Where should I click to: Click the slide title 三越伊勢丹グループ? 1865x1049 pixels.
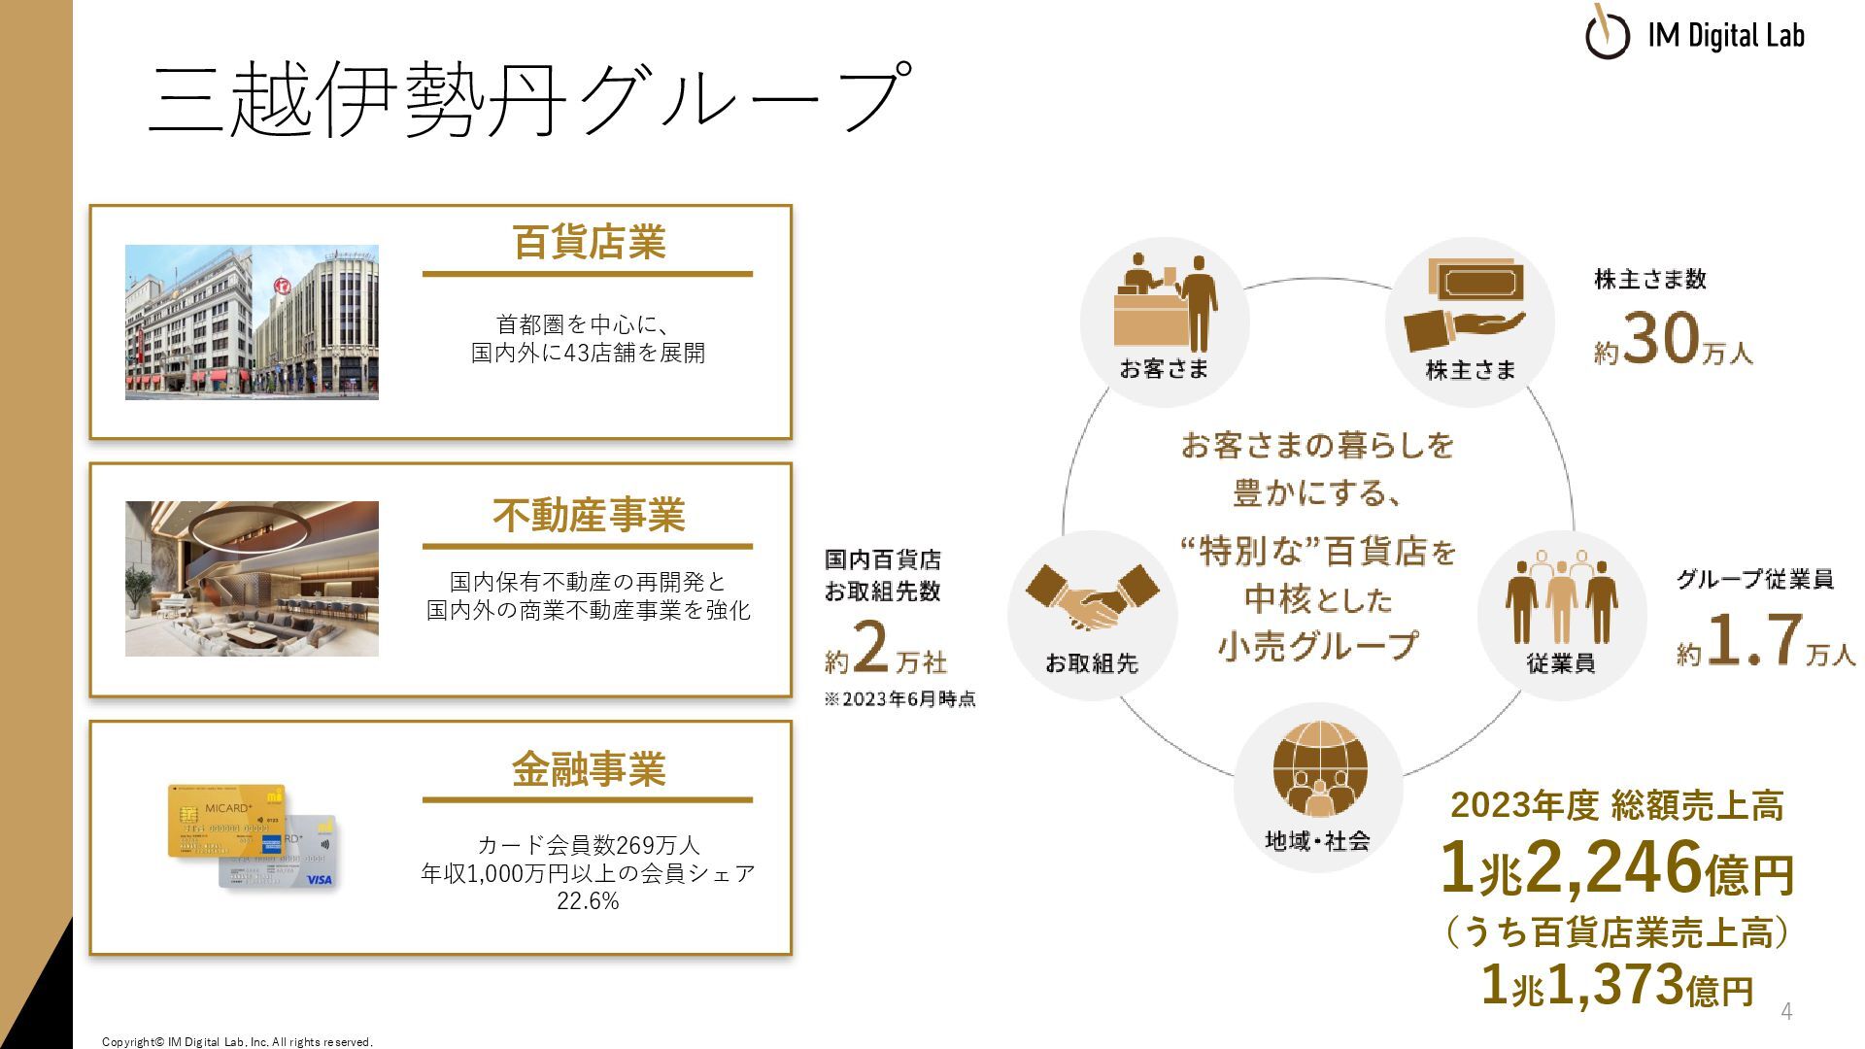530,97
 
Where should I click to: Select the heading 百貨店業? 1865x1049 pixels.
589,243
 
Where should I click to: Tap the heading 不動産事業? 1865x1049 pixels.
589,515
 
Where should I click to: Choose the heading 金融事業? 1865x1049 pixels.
589,769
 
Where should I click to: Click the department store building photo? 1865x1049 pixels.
252,322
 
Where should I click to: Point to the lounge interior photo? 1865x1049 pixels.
252,579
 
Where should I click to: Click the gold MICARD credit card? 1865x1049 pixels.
226,821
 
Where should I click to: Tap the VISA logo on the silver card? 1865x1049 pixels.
319,880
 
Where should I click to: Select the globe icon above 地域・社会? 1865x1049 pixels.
1319,768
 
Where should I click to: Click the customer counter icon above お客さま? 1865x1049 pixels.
1165,304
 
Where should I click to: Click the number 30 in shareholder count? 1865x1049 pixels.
1661,340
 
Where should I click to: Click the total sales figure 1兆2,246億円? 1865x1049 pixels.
1616,868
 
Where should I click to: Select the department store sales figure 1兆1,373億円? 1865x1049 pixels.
1616,985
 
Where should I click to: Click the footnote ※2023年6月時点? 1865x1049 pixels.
899,699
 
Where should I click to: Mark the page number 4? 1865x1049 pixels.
1785,1011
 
